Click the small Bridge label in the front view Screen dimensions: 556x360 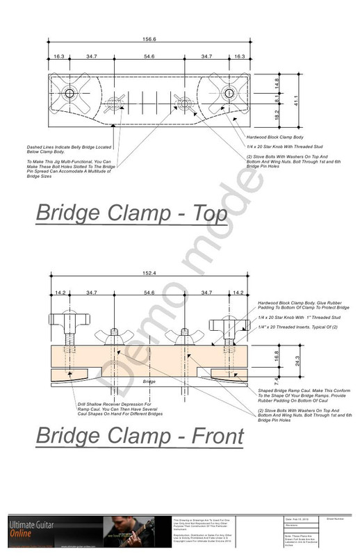(x=148, y=382)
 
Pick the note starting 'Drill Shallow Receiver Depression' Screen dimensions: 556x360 (x=106, y=409)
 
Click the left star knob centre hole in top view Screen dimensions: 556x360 (x=69, y=94)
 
